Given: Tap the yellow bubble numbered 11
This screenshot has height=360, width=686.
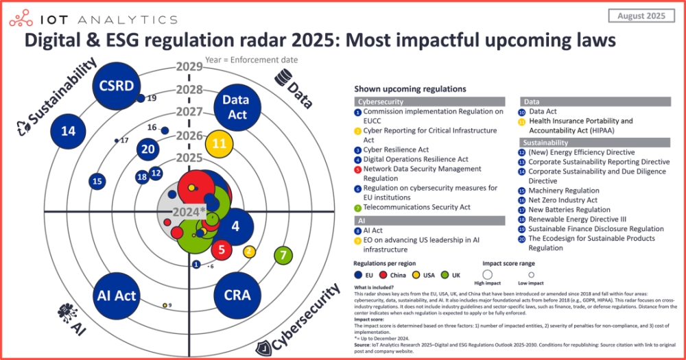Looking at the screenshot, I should (x=220, y=143).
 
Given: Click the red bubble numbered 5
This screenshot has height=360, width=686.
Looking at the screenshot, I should (x=222, y=250).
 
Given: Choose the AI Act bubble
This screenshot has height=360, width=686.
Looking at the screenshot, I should (x=117, y=296).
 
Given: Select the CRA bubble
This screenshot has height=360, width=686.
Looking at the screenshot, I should (x=237, y=296).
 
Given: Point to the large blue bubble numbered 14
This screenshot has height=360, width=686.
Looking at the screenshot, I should (x=68, y=131).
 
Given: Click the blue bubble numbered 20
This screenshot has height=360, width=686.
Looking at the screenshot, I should (x=147, y=149).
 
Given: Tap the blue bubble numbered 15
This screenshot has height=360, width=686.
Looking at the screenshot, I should (x=97, y=181).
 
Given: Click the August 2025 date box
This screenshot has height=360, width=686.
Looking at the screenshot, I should (x=642, y=15).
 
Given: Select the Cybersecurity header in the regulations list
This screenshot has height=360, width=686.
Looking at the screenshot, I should (x=379, y=101).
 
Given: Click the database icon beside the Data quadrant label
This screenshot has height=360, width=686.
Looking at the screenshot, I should (x=281, y=75).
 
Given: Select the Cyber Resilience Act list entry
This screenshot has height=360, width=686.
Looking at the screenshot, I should (x=396, y=149).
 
